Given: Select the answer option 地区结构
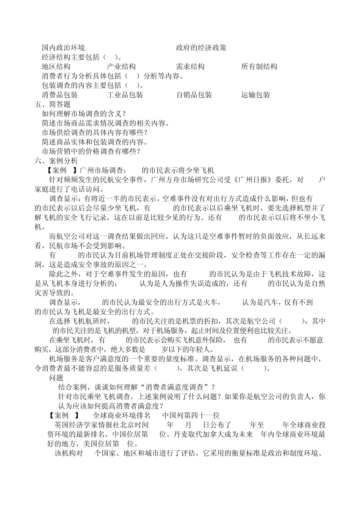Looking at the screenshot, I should pyautogui.click(x=56, y=67).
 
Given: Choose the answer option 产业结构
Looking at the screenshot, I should pyautogui.click(x=121, y=67).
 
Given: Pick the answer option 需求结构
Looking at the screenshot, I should pyautogui.click(x=190, y=67).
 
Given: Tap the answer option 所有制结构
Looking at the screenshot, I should pyautogui.click(x=259, y=67).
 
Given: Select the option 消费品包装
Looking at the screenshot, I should pyautogui.click(x=60, y=95).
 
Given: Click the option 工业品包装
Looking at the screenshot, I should pyautogui.click(x=125, y=95).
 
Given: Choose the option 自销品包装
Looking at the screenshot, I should pyautogui.click(x=194, y=95).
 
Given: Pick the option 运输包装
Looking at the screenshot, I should pyautogui.click(x=256, y=95).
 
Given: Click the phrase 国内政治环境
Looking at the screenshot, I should pyautogui.click(x=63, y=48).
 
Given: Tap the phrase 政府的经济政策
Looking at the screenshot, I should pyautogui.click(x=201, y=48).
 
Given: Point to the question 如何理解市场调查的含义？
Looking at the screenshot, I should pyautogui.click(x=84, y=114).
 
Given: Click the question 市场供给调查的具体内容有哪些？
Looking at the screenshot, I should pyautogui.click(x=94, y=133).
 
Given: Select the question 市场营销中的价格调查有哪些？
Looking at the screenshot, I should pyautogui.click(x=91, y=151).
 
